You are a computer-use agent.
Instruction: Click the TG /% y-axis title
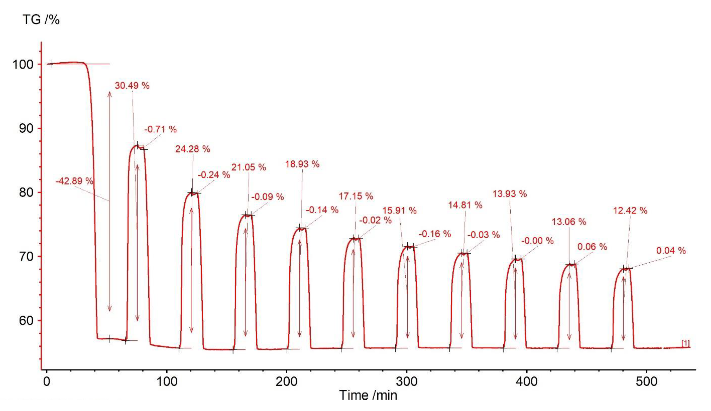tap(41, 20)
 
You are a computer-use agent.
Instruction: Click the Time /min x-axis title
tap(368, 395)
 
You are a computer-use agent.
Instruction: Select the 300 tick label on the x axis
tap(406, 382)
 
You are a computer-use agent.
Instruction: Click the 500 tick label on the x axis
tap(646, 382)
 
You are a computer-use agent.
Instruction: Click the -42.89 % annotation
tap(74, 181)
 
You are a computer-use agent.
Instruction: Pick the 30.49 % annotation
tap(132, 86)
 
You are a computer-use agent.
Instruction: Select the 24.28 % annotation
tap(193, 149)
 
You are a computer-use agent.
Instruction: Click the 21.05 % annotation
tap(249, 167)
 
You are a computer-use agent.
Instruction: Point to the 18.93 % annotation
tap(302, 164)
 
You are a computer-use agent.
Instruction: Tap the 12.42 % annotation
tap(630, 210)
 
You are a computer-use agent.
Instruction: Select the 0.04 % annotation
tap(671, 250)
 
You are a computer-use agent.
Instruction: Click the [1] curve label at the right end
tap(685, 343)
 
